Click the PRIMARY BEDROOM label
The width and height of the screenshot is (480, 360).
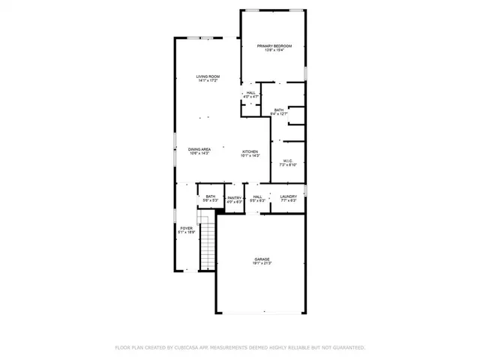pyautogui.click(x=274, y=46)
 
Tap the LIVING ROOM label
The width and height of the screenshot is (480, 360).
pyautogui.click(x=208, y=76)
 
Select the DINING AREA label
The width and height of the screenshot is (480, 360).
pyautogui.click(x=199, y=149)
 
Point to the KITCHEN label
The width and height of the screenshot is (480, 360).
pyautogui.click(x=250, y=152)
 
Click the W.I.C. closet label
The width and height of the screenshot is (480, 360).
pyautogui.click(x=287, y=160)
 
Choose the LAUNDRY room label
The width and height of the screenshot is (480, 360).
pyautogui.click(x=289, y=196)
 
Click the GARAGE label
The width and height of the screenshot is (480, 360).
pyautogui.click(x=262, y=259)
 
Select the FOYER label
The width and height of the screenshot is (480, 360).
pyautogui.click(x=185, y=227)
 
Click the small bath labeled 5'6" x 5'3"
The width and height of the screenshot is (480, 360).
pyautogui.click(x=211, y=196)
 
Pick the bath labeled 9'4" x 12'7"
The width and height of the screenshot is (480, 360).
pyautogui.click(x=279, y=110)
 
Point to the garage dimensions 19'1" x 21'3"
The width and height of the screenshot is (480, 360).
pyautogui.click(x=262, y=264)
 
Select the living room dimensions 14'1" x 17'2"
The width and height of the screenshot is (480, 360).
pyautogui.click(x=208, y=81)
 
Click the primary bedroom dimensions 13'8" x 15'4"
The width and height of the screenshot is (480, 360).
pyautogui.click(x=274, y=51)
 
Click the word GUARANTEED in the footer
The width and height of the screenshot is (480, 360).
pyautogui.click(x=346, y=347)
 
